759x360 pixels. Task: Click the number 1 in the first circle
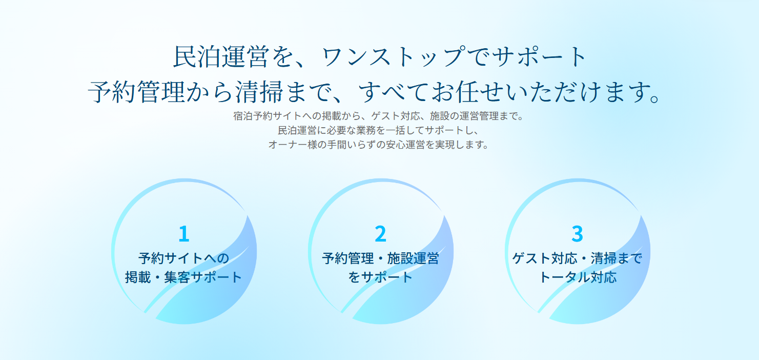pos(184,234)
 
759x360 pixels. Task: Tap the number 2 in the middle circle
pos(380,234)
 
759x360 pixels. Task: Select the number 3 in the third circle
pos(577,234)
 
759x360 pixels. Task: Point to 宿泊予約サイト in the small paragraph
pos(266,116)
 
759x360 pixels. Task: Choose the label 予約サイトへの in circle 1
pos(184,258)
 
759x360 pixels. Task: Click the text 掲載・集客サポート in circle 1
pos(184,277)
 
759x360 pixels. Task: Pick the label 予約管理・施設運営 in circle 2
pos(380,258)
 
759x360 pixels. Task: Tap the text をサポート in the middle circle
pos(380,277)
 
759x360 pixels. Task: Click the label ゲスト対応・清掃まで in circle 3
pos(577,258)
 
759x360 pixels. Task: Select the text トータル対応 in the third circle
pos(577,277)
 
